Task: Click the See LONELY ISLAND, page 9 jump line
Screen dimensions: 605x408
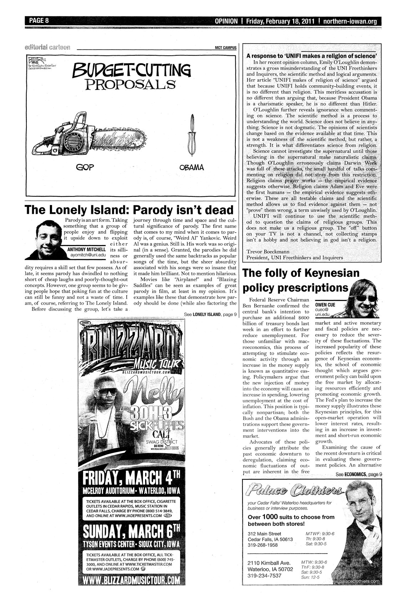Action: pyautogui.click(x=210, y=314)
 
